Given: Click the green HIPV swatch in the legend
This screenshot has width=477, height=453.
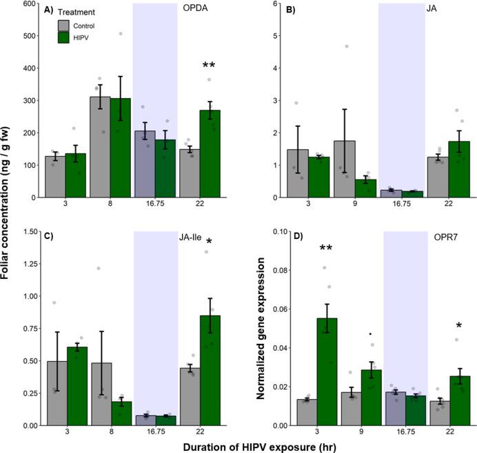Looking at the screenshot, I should click(65, 37).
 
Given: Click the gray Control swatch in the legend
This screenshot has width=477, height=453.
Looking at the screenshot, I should click(65, 25).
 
